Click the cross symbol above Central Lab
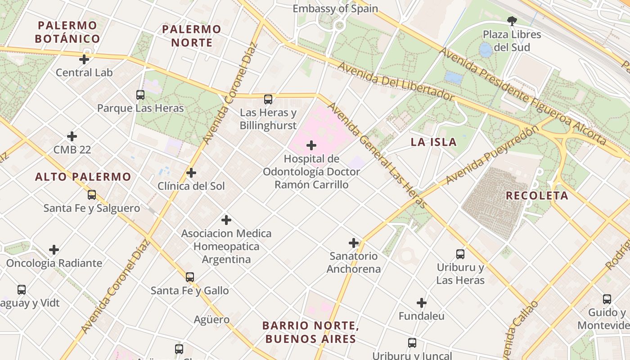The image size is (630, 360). tap(84, 59)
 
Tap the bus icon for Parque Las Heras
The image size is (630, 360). tap(140, 95)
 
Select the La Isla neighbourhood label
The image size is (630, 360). tap(433, 142)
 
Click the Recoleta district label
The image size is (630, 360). tap(537, 196)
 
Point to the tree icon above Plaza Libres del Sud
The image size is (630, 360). tap(512, 21)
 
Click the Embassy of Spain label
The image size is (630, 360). tap(335, 9)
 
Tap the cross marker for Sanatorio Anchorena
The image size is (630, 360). tap(354, 243)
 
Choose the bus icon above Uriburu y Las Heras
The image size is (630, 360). tap(460, 254)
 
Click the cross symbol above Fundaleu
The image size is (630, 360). tap(422, 303)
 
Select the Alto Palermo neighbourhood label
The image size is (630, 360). tap(83, 177)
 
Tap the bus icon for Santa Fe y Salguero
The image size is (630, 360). tap(92, 195)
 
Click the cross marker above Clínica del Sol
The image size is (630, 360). tap(191, 173)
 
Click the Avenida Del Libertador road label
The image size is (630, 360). tap(396, 81)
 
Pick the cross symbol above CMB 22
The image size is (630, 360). tap(72, 136)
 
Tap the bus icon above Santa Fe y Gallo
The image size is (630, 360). tap(190, 277)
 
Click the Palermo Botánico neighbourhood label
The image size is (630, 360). tap(67, 32)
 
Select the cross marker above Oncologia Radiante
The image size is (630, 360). tap(54, 250)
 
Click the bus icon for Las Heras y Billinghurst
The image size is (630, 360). tap(268, 99)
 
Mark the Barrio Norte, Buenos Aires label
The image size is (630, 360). tap(310, 332)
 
